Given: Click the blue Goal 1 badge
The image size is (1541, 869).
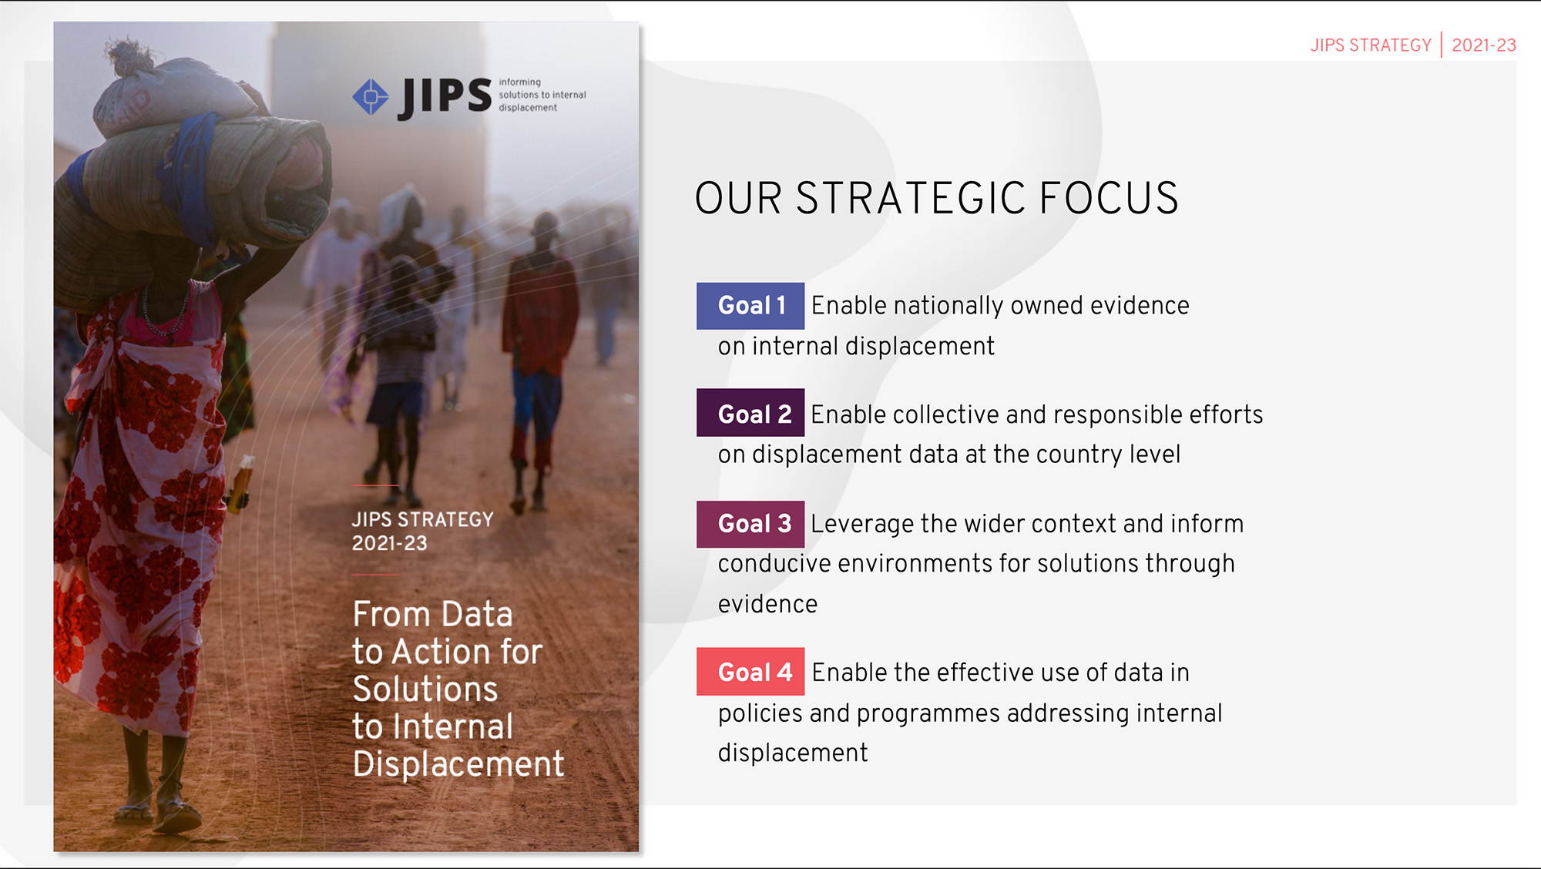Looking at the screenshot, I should pos(750,306).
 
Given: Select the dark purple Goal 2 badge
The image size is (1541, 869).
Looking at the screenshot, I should pos(750,414).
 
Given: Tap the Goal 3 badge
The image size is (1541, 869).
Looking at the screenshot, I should pos(750,524).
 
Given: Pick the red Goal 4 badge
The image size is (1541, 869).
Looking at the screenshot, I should pos(750,672).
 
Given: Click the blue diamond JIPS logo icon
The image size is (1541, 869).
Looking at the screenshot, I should pos(371,97).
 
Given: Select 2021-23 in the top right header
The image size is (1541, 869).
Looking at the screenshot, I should pos(1483,45).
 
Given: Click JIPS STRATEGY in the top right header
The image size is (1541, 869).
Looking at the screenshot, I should pos(1371,45).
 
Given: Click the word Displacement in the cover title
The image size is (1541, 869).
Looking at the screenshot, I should pos(458,764).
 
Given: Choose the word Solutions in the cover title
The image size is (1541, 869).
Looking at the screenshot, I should pos(425,689).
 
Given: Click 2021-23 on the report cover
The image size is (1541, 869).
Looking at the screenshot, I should pos(389,543).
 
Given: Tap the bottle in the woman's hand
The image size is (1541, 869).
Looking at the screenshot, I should pos(241,484).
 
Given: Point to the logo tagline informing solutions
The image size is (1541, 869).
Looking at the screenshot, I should pos(542,95).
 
